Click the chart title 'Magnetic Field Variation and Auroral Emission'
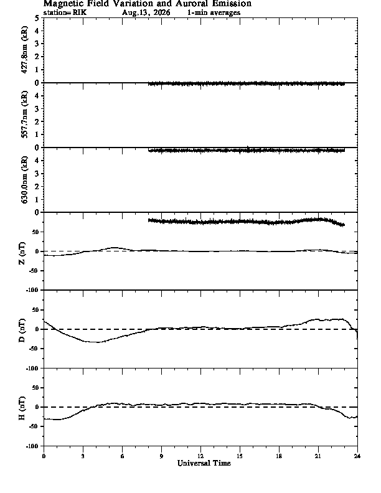tap(147, 4)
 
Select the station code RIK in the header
tap(80, 13)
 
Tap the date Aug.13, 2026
tap(146, 13)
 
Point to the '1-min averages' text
tap(214, 13)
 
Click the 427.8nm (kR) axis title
tap(24, 50)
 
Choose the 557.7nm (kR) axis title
tap(24, 115)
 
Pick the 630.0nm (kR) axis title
tap(24, 179)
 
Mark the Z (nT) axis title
tap(22, 253)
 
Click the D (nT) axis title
tap(22, 331)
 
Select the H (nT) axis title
tap(22, 408)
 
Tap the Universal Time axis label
tap(204, 463)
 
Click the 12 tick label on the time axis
tap(200, 456)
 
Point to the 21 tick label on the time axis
tap(318, 456)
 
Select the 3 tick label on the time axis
tap(83, 456)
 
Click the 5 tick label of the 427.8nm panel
tap(37, 18)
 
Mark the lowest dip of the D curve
tap(98, 342)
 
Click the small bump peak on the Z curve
tap(115, 248)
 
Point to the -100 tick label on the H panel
tap(34, 446)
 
